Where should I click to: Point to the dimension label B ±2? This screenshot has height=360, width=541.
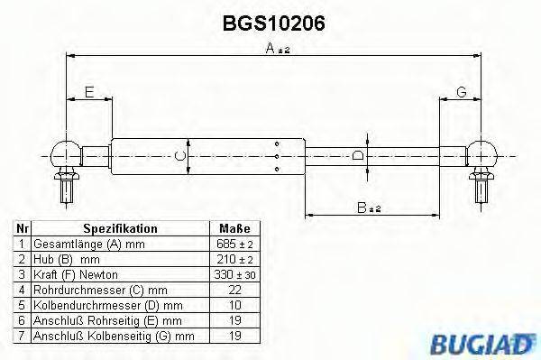tap(370, 208)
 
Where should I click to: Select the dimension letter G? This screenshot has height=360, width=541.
tap(460, 93)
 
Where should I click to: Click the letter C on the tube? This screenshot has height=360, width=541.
tap(179, 156)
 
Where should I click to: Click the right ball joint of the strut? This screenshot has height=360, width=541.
tap(481, 151)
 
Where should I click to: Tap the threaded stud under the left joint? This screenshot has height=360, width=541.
tap(66, 189)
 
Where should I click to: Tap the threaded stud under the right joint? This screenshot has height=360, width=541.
tap(481, 189)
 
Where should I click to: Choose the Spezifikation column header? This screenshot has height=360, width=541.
tap(120, 229)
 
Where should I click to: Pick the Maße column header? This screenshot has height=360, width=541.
tap(234, 229)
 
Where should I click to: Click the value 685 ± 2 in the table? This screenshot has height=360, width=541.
tap(234, 245)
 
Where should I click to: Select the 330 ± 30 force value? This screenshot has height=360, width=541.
tap(234, 274)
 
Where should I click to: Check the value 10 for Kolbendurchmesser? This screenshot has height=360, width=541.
tap(234, 304)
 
